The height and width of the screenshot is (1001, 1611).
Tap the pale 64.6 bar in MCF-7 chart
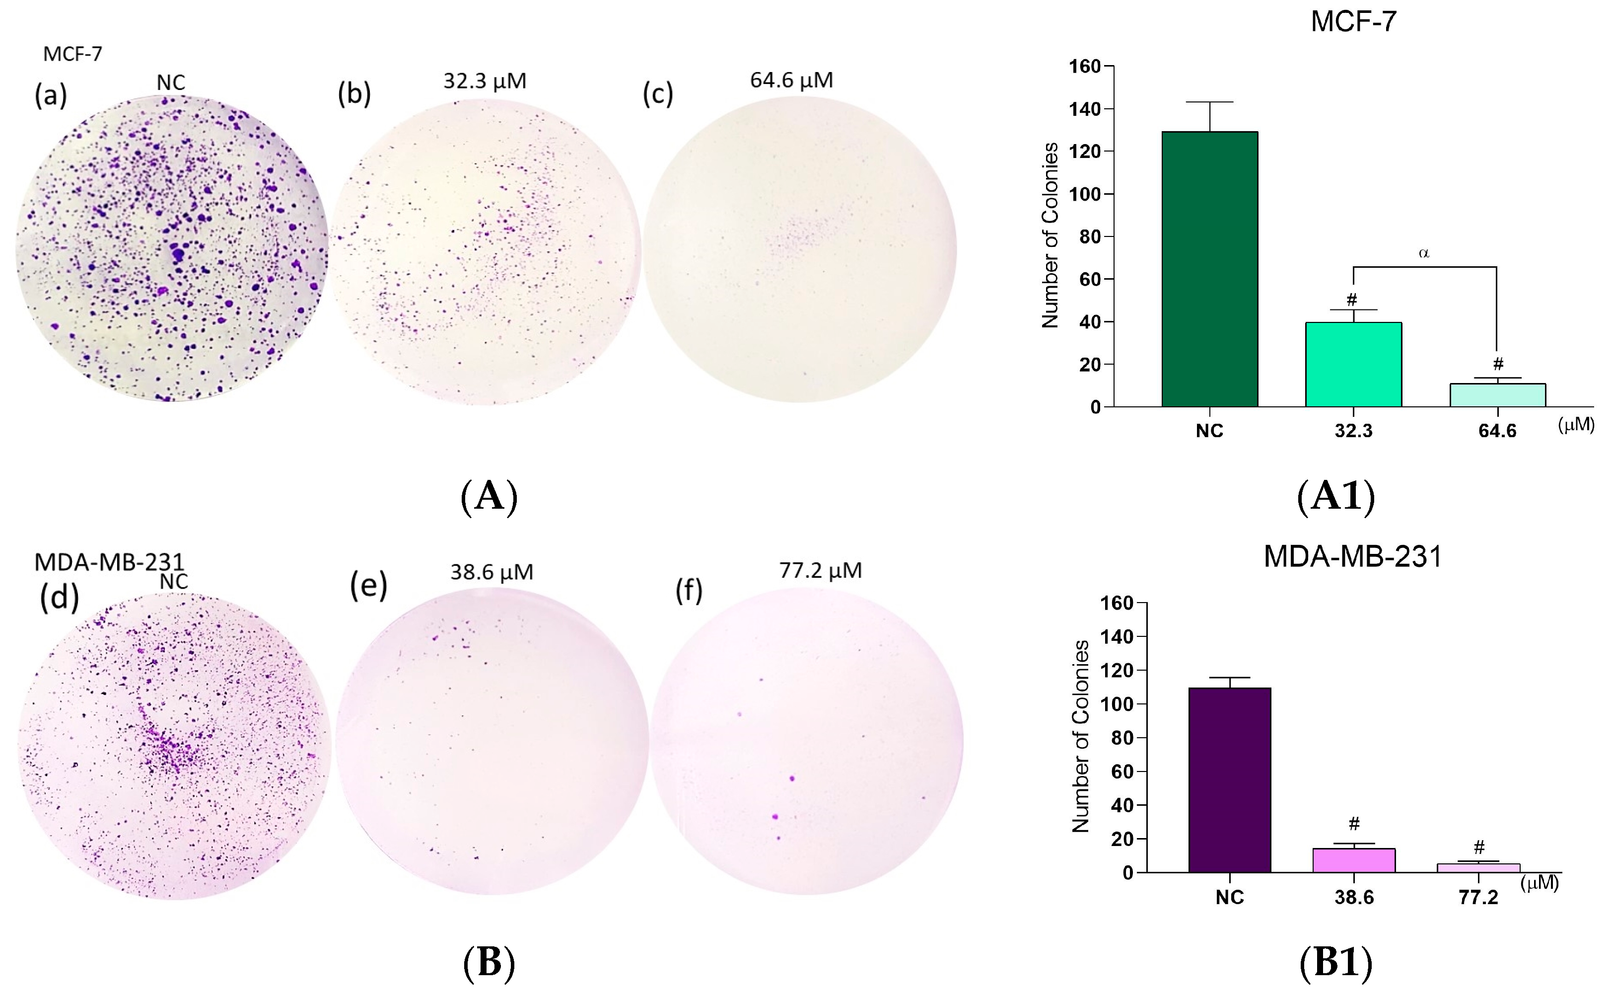click(x=1497, y=395)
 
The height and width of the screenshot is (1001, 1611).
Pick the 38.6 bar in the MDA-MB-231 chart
click(x=1354, y=860)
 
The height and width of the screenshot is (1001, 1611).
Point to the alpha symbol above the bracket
click(x=1424, y=253)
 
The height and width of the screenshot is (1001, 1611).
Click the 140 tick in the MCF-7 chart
click(x=1085, y=109)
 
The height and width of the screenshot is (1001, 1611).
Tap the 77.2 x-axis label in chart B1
click(x=1478, y=898)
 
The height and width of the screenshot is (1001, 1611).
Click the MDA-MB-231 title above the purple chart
click(x=1352, y=557)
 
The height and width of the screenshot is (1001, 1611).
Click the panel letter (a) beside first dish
click(x=51, y=96)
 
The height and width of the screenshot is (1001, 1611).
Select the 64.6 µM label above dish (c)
click(x=791, y=80)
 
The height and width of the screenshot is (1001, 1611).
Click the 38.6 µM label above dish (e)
click(x=491, y=572)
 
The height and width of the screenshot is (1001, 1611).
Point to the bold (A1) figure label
click(x=1336, y=495)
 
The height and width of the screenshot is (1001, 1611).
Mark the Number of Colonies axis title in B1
click(x=1080, y=736)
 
